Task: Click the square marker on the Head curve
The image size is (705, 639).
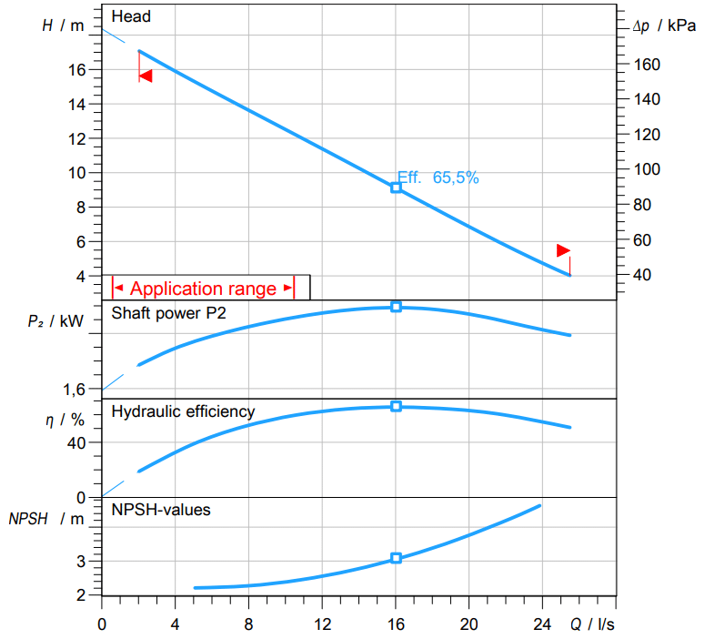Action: (396, 187)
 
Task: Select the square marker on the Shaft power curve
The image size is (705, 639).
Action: (396, 307)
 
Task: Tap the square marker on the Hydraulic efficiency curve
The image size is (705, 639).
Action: (396, 406)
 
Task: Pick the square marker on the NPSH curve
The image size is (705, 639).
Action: (396, 558)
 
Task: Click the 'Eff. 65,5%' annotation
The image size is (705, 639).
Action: (438, 178)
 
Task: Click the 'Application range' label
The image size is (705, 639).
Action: (203, 289)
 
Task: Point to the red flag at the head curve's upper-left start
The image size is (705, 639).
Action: (145, 76)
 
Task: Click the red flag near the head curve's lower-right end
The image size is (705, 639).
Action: (564, 250)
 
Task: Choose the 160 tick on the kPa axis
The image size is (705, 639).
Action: (647, 65)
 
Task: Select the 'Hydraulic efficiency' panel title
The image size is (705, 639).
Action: (183, 411)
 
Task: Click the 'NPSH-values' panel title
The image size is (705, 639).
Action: (161, 510)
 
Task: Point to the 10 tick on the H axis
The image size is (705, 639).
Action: (77, 173)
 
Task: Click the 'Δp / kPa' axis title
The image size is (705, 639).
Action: (664, 25)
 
